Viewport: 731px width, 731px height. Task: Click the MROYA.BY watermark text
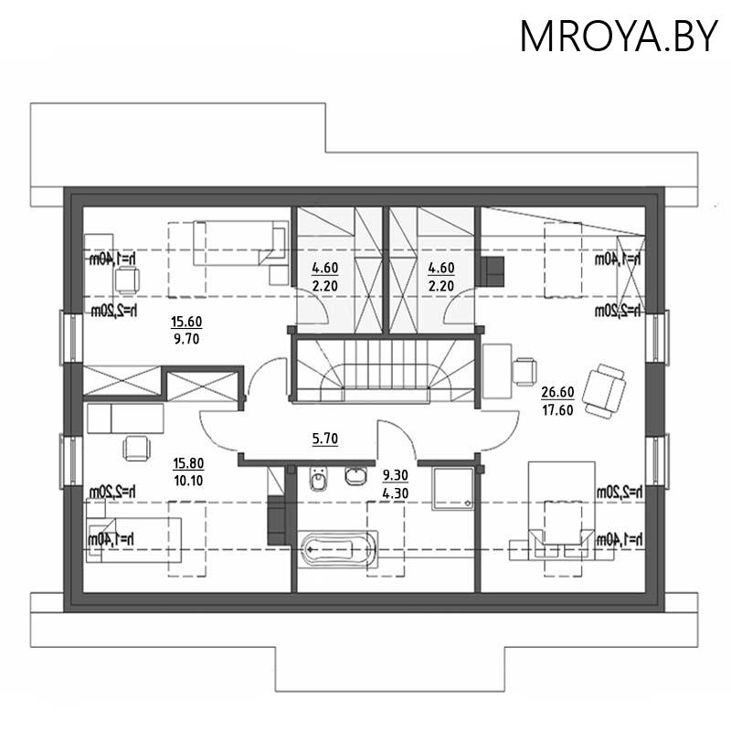[619, 36]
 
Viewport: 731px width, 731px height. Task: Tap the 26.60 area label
[556, 393]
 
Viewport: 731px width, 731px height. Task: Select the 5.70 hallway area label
[325, 439]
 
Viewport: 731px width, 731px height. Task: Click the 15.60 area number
[185, 322]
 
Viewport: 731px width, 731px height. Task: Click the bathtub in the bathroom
[336, 550]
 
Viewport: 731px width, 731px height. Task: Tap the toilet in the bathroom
[318, 479]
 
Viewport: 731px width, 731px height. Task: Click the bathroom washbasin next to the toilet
[355, 476]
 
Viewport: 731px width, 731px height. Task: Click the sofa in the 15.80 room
[125, 418]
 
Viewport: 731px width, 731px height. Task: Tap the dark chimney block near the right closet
[493, 271]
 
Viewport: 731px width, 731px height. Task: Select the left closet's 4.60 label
[325, 269]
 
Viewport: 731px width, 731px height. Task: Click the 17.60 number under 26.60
[556, 410]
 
